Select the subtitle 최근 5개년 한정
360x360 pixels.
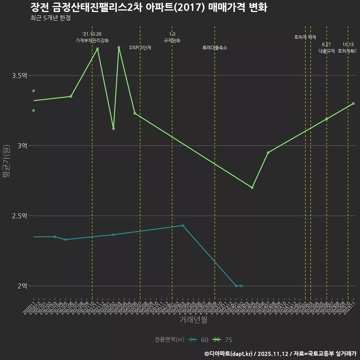coord(50,18)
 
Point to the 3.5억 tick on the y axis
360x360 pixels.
coord(19,76)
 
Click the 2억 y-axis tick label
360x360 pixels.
coord(22,286)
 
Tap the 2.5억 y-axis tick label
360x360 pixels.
coord(19,216)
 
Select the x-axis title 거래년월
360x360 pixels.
coord(193,320)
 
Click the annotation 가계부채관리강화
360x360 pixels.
coord(92,40)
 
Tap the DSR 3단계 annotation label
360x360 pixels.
coord(140,48)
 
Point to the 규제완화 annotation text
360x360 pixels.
coord(172,40)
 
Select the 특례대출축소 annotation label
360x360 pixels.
coord(214,48)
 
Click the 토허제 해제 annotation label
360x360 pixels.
coord(305,37)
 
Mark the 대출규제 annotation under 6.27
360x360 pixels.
coord(327,51)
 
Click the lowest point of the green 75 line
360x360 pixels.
coord(252,187)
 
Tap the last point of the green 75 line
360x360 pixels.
coord(353,103)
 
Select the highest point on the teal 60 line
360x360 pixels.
coord(183,225)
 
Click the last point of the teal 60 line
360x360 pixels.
coord(241,286)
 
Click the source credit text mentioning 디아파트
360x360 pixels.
coord(280,353)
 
